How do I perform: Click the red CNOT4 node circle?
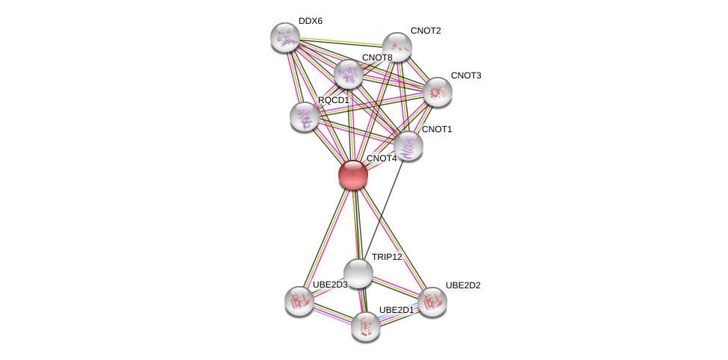click(x=353, y=175)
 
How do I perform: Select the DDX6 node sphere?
click(x=284, y=37)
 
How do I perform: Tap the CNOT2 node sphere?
click(x=397, y=47)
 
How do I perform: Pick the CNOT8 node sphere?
click(x=349, y=74)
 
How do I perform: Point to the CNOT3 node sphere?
click(x=437, y=92)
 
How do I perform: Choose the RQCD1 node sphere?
click(x=305, y=116)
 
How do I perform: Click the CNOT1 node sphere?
click(x=408, y=146)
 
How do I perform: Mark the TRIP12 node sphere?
click(x=358, y=273)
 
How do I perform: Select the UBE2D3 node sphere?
click(x=299, y=300)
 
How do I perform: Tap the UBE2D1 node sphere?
click(x=366, y=326)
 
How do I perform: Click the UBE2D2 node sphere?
click(x=432, y=301)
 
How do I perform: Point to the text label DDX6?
click(x=310, y=21)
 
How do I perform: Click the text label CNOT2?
click(x=426, y=31)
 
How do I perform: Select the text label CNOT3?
click(x=466, y=75)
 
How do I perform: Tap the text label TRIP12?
click(x=387, y=257)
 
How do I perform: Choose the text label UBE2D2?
click(x=463, y=285)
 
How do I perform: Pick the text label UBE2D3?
click(x=330, y=285)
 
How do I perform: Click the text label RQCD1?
click(x=333, y=100)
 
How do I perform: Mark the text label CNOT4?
click(x=382, y=158)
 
